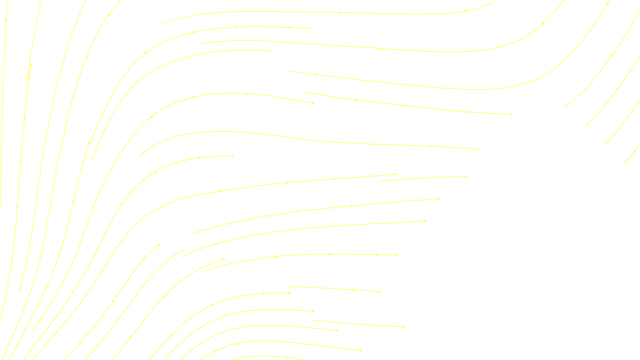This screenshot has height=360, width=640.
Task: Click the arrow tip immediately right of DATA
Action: point(361,350)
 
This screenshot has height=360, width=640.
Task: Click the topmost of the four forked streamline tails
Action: point(566,106)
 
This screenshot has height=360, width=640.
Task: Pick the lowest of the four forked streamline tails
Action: point(626,162)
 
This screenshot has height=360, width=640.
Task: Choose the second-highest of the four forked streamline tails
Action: point(587,125)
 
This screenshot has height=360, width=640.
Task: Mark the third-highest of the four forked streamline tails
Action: point(606,143)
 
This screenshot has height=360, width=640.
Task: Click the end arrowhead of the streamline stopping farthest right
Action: point(512,114)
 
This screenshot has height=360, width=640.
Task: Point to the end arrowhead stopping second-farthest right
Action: point(478,149)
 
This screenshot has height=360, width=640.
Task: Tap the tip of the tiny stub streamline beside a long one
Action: point(31,64)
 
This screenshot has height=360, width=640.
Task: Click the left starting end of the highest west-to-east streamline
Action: point(162,23)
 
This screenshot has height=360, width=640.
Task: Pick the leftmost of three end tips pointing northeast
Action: point(159,244)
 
